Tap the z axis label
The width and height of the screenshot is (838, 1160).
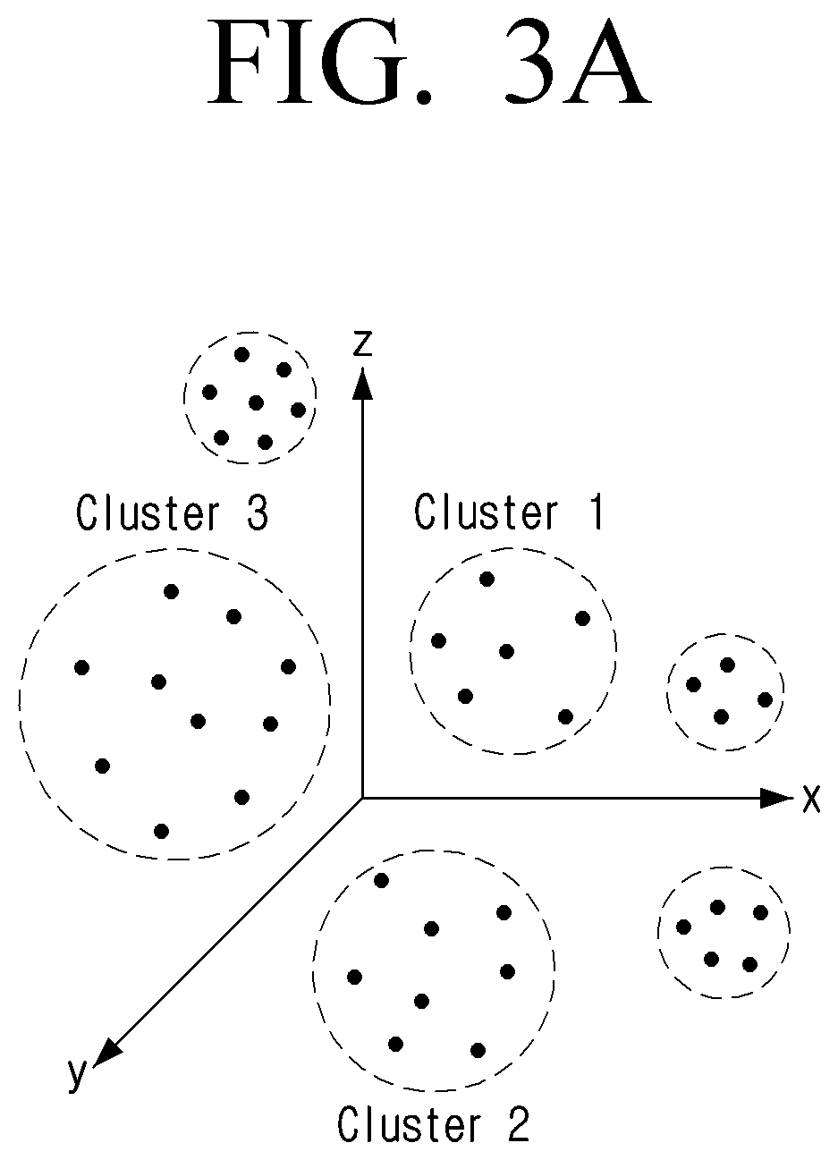pyautogui.click(x=362, y=343)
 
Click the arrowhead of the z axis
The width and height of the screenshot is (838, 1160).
pyautogui.click(x=362, y=383)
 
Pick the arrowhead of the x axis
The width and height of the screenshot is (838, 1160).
pyautogui.click(x=776, y=798)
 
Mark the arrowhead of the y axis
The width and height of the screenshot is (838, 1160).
pyautogui.click(x=106, y=1052)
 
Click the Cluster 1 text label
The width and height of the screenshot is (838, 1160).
pyautogui.click(x=509, y=512)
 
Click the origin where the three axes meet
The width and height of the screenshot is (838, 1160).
pyautogui.click(x=362, y=798)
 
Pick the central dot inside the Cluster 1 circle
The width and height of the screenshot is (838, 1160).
pyautogui.click(x=506, y=651)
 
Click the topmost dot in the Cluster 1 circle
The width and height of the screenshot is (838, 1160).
pyautogui.click(x=487, y=579)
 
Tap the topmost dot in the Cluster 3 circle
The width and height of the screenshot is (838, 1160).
pyautogui.click(x=172, y=591)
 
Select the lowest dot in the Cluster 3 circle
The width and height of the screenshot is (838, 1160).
pyautogui.click(x=162, y=831)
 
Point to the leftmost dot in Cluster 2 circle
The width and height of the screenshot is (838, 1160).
pyautogui.click(x=355, y=978)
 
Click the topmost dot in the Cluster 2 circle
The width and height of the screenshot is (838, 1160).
pyautogui.click(x=382, y=880)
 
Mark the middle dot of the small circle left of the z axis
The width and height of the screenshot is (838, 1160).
pyautogui.click(x=256, y=402)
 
